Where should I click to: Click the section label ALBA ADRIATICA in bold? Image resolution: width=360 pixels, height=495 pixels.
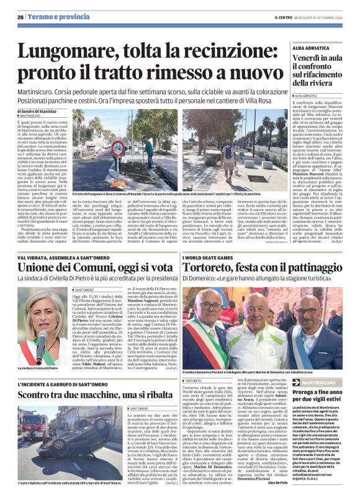313,45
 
